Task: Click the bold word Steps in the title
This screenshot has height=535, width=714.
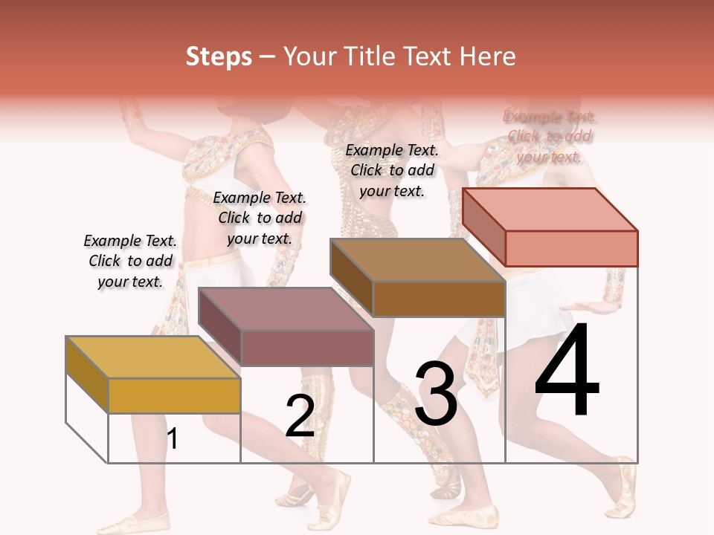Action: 219,56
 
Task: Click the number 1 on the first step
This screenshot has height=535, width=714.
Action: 173,438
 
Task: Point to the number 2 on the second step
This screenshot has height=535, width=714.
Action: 300,416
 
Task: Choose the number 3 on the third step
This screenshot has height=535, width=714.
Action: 436,394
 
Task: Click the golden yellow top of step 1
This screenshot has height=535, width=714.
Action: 153,357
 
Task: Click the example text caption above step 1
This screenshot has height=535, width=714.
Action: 130,261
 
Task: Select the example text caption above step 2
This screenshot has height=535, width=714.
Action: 260,218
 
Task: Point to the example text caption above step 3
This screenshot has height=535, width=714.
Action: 392,170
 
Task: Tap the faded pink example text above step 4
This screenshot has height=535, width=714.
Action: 549,137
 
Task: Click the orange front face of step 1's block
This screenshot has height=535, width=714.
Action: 174,395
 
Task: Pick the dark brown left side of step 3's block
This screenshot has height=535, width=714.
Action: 351,278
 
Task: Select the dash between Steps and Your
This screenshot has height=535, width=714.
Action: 267,57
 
